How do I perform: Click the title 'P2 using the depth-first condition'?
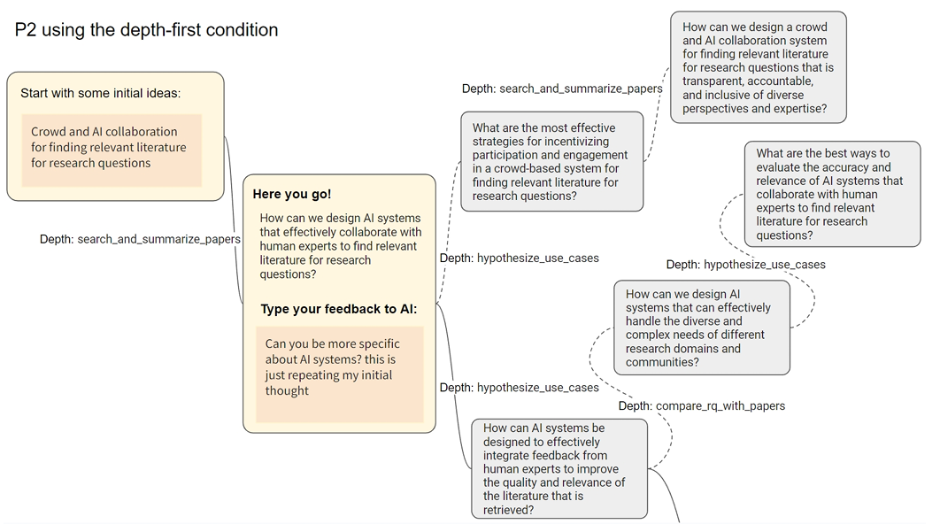[x=146, y=30]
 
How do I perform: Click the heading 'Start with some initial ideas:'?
[x=100, y=93]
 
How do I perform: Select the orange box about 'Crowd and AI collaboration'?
[x=112, y=149]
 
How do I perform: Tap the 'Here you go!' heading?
[x=292, y=194]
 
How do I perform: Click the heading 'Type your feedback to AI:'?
[x=338, y=309]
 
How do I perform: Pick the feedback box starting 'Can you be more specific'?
[x=339, y=373]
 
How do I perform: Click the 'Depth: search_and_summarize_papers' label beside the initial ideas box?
[x=140, y=239]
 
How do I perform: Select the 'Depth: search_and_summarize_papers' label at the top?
[x=562, y=89]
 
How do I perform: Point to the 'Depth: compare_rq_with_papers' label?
[x=701, y=406]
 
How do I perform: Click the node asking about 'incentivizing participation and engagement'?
[x=551, y=162]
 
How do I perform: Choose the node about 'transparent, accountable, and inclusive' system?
[x=758, y=67]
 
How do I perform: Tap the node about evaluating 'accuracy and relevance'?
[x=832, y=195]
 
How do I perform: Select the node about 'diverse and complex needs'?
[x=701, y=328]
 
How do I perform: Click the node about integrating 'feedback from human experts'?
[x=559, y=468]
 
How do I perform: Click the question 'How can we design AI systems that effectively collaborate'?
[x=340, y=246]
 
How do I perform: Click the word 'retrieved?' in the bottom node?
[x=508, y=510]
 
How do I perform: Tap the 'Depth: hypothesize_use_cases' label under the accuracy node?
[x=745, y=265]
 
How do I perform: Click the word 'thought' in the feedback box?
[x=287, y=390]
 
